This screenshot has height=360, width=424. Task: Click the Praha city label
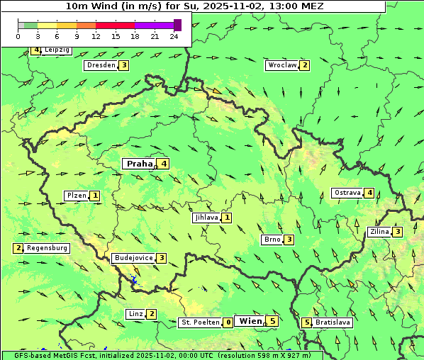[139, 164]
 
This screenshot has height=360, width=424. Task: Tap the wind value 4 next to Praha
[164, 164]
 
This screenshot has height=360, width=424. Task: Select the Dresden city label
[101, 65]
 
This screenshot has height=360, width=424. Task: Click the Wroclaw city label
[281, 65]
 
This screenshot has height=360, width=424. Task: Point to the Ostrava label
[347, 193]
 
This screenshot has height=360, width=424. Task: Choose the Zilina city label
[379, 232]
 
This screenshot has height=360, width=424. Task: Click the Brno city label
[272, 240]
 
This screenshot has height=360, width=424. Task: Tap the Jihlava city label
[206, 218]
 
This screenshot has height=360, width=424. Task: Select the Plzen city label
[77, 196]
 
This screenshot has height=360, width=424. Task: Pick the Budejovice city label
[133, 258]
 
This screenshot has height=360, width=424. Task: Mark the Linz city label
[135, 314]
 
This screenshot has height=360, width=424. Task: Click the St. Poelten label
[199, 322]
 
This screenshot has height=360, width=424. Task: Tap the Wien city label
[251, 321]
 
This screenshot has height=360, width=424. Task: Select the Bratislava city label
[333, 322]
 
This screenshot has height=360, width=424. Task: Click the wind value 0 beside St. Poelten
[228, 322]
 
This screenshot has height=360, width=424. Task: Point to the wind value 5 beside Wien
[272, 321]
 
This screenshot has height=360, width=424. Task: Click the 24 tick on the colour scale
[174, 36]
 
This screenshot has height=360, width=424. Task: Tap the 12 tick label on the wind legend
[96, 36]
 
